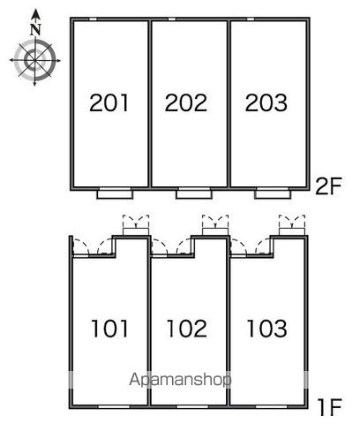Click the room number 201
click(109, 102)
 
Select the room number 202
click(186, 102)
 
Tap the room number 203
click(266, 102)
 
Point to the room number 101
click(109, 329)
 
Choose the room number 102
click(187, 329)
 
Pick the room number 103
click(267, 329)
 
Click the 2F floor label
click(328, 186)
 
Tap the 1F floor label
click(330, 407)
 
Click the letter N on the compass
click(35, 29)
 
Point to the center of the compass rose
click(35, 60)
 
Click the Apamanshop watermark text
click(180, 379)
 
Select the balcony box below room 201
click(115, 194)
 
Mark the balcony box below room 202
click(194, 194)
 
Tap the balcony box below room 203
click(273, 194)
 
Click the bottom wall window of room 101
click(114, 406)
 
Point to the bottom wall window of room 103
click(271, 406)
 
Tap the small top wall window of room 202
click(172, 19)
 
